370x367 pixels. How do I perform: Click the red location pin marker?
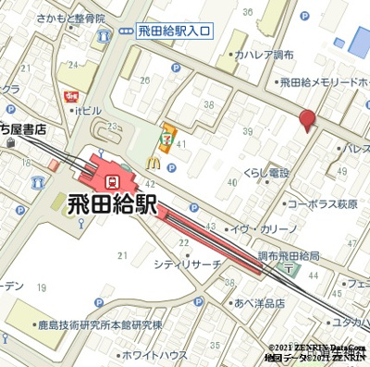pos(307,121)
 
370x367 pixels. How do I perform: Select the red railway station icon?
pos(112,173)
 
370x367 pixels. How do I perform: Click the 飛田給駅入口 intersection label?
pos(174,31)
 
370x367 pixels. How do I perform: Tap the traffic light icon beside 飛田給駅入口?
pos(127,31)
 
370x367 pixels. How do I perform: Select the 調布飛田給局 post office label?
pos(287,254)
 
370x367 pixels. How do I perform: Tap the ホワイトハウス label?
pos(154,353)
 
